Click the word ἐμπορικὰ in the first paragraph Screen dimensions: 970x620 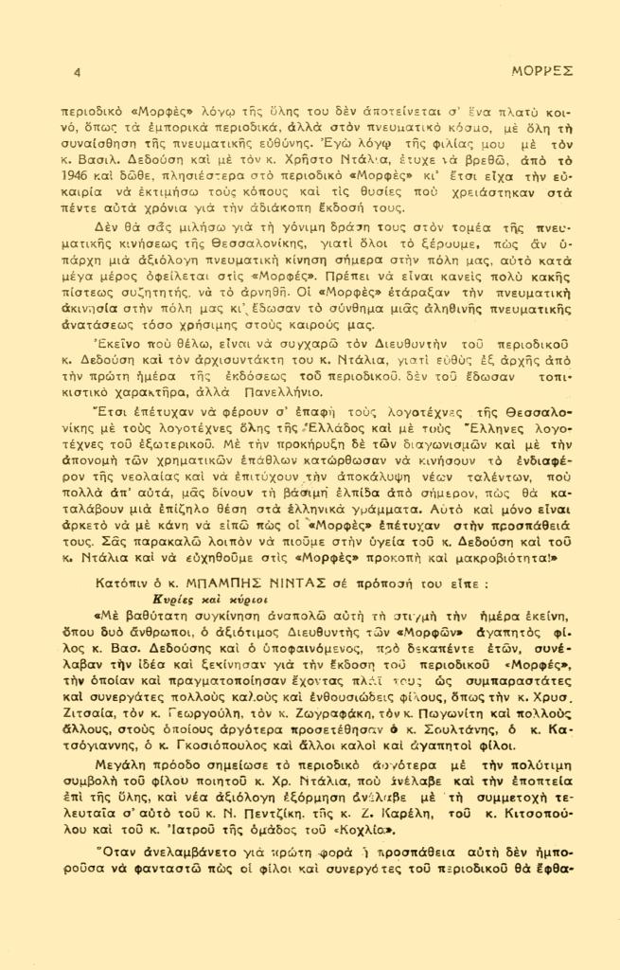pos(175,128)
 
